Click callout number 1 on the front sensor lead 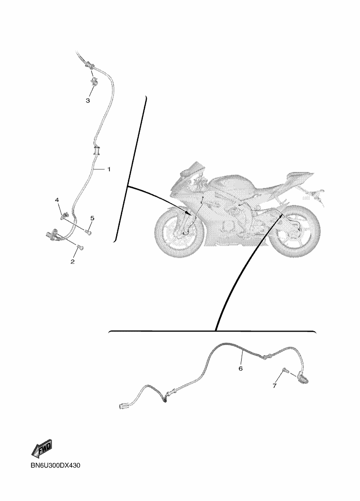click(x=109, y=169)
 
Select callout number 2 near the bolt click(x=73, y=261)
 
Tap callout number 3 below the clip click(x=87, y=100)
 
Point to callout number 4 click(x=57, y=200)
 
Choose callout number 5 click(x=92, y=218)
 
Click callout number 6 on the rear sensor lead click(x=241, y=368)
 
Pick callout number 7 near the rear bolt click(x=275, y=386)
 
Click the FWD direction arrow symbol click(x=42, y=448)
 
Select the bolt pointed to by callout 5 click(x=89, y=231)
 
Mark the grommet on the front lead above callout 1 click(x=97, y=151)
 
